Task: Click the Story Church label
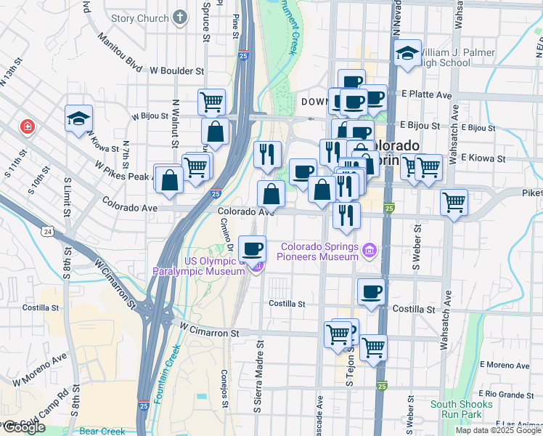coord(140,18)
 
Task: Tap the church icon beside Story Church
coord(180,18)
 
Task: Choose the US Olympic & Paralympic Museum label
coord(198,266)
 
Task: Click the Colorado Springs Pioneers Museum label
coord(320,251)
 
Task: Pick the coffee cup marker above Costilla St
coord(371,292)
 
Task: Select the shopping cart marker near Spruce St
coord(211,101)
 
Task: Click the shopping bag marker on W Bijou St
coord(216,132)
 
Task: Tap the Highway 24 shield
coord(46,231)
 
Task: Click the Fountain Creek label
coord(166,375)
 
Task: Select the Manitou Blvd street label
coord(122,52)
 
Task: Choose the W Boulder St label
coord(177,71)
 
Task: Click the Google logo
coord(23,427)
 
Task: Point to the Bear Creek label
coord(102,431)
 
